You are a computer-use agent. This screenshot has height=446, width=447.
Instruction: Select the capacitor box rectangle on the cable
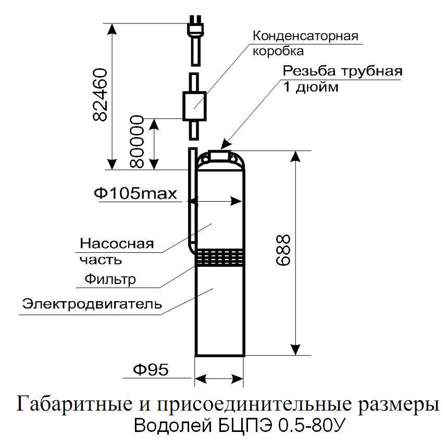tap(194, 106)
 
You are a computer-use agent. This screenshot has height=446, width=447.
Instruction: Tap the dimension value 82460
tap(101, 95)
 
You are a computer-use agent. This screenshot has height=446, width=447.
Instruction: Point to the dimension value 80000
tap(136, 141)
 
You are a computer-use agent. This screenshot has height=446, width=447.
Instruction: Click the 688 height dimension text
tap(283, 250)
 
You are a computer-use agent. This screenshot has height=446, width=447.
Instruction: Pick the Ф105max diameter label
tap(135, 194)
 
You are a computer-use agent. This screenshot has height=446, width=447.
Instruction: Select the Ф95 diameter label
tap(151, 370)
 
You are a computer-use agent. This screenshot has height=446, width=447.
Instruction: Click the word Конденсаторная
tap(305, 36)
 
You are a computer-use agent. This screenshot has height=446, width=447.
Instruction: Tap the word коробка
tap(278, 51)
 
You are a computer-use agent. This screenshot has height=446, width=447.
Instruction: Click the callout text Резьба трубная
tap(342, 71)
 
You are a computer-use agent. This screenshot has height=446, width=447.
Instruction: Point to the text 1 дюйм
tap(311, 86)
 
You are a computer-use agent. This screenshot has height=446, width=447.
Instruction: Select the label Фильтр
tap(110, 279)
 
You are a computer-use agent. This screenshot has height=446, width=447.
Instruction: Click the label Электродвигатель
tap(92, 304)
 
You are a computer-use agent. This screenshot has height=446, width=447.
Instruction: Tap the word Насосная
tap(117, 244)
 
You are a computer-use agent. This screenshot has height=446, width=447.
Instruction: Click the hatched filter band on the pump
tap(219, 257)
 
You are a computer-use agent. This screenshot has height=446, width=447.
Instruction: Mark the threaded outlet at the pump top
tap(219, 155)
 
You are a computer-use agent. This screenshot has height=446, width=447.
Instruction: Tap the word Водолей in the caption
tap(173, 426)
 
